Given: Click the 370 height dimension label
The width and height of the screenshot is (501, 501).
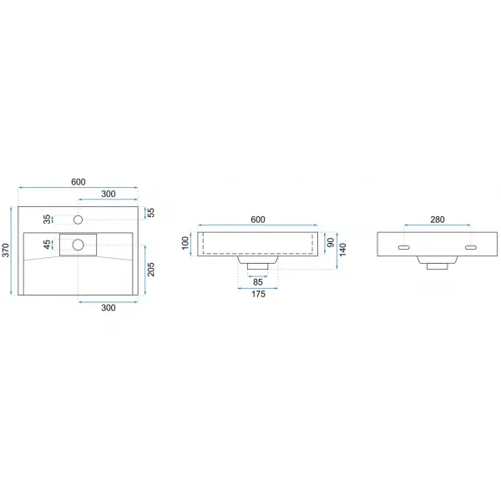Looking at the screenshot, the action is (6, 250).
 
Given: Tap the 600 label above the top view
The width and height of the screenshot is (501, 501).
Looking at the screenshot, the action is (78, 182).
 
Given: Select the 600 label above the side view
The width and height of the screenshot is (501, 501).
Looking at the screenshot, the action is (258, 220).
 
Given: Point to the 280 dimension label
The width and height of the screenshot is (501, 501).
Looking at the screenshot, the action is (438, 220).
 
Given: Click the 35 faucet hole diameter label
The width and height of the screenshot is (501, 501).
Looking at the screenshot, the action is (47, 220).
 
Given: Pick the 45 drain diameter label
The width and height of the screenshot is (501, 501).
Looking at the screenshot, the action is (47, 245).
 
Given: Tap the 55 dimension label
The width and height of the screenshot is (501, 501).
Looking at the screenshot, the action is (150, 212).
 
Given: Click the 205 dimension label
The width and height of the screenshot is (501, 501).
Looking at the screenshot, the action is (150, 270).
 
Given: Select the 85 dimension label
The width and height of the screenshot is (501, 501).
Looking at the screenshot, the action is (258, 282).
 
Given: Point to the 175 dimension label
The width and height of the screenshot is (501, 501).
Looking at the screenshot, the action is (258, 294).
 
